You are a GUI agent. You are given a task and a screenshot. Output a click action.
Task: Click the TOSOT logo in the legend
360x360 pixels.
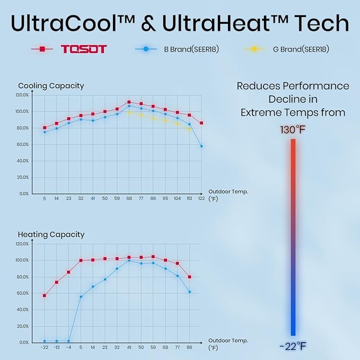tap(84, 49)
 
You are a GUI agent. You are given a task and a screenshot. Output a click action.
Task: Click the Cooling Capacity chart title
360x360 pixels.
tap(51, 85)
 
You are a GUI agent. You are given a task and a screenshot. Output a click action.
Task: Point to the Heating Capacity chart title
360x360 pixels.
tap(51, 234)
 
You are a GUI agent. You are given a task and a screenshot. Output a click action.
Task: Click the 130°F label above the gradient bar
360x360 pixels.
tap(293, 129)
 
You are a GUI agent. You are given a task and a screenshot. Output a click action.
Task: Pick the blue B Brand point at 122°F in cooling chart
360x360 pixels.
tap(201, 146)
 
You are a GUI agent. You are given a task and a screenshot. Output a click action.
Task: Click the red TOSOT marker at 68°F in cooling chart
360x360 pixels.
tap(129, 102)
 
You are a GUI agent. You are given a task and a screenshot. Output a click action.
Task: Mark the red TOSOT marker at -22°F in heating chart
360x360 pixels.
tap(45, 295)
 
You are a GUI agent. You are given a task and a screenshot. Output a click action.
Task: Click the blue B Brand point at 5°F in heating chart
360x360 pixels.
tap(81, 296)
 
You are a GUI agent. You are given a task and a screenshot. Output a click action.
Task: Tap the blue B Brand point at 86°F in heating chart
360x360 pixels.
tap(189, 292)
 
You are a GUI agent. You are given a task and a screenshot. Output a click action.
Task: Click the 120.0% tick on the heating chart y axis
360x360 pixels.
tap(22, 244)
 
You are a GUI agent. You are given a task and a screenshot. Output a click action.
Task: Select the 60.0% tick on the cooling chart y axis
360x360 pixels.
tap(22, 144)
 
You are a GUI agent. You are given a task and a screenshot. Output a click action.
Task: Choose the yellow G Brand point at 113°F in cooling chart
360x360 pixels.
tap(189, 129)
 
